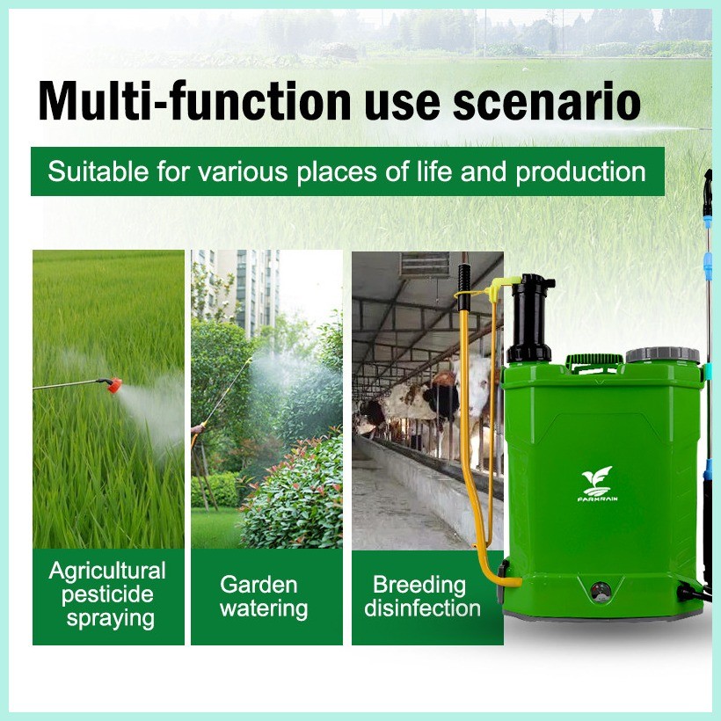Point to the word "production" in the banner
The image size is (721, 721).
coord(580,171)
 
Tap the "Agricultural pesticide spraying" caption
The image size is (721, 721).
coord(107,595)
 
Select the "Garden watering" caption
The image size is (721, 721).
coord(264,596)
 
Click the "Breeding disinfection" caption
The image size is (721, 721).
coord(424,596)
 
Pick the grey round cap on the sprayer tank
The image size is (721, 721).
coord(662,355)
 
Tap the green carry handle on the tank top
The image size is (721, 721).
coord(594,360)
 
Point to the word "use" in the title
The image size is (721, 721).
coord(401,101)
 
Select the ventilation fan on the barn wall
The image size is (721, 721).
coord(425,265)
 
